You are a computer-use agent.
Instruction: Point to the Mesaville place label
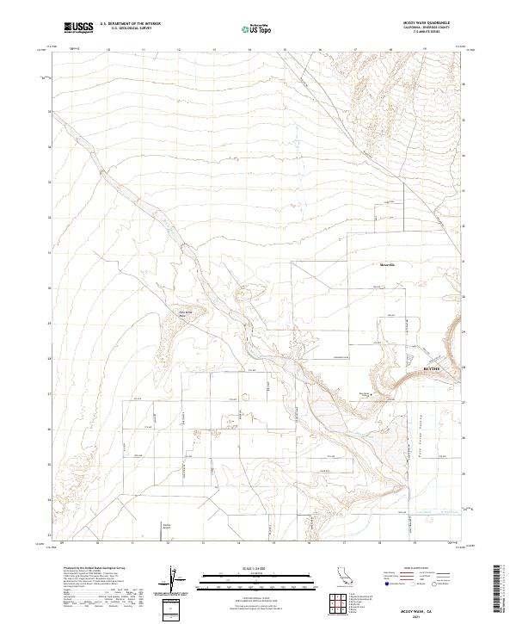pyautogui.click(x=386, y=264)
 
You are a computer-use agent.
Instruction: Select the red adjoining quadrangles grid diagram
pyautogui.click(x=348, y=602)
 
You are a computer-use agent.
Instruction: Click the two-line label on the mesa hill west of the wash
pyautogui.click(x=182, y=313)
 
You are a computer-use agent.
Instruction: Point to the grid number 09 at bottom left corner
pyautogui.click(x=63, y=543)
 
